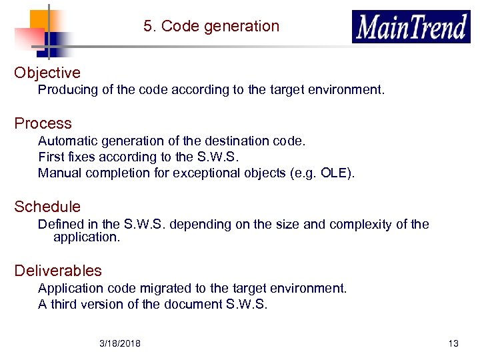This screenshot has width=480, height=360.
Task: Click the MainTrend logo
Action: pyautogui.click(x=411, y=27)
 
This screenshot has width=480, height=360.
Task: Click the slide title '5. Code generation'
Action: pyautogui.click(x=211, y=27)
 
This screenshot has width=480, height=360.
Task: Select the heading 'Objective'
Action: pyautogui.click(x=47, y=73)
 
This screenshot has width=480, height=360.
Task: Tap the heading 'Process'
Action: pyautogui.click(x=43, y=123)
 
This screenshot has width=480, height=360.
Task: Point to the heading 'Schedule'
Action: pyautogui.click(x=47, y=207)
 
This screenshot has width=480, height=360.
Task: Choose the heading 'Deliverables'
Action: pyautogui.click(x=58, y=271)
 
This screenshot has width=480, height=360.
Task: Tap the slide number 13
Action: pyautogui.click(x=453, y=343)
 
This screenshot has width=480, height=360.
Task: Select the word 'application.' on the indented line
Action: pyautogui.click(x=87, y=237)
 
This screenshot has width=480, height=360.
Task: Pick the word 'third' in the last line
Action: pyautogui.click(x=64, y=305)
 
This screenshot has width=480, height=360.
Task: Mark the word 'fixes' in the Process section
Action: pyautogui.click(x=81, y=157)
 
